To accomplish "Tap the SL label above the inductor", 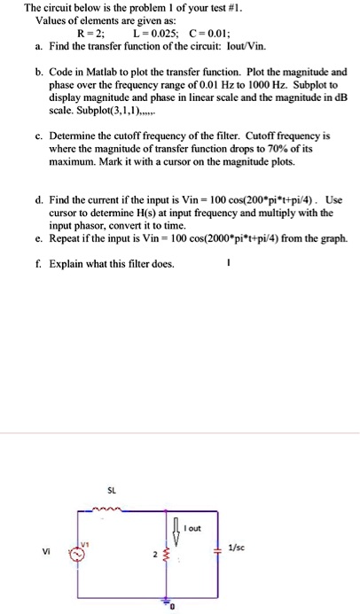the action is pos(111,489).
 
